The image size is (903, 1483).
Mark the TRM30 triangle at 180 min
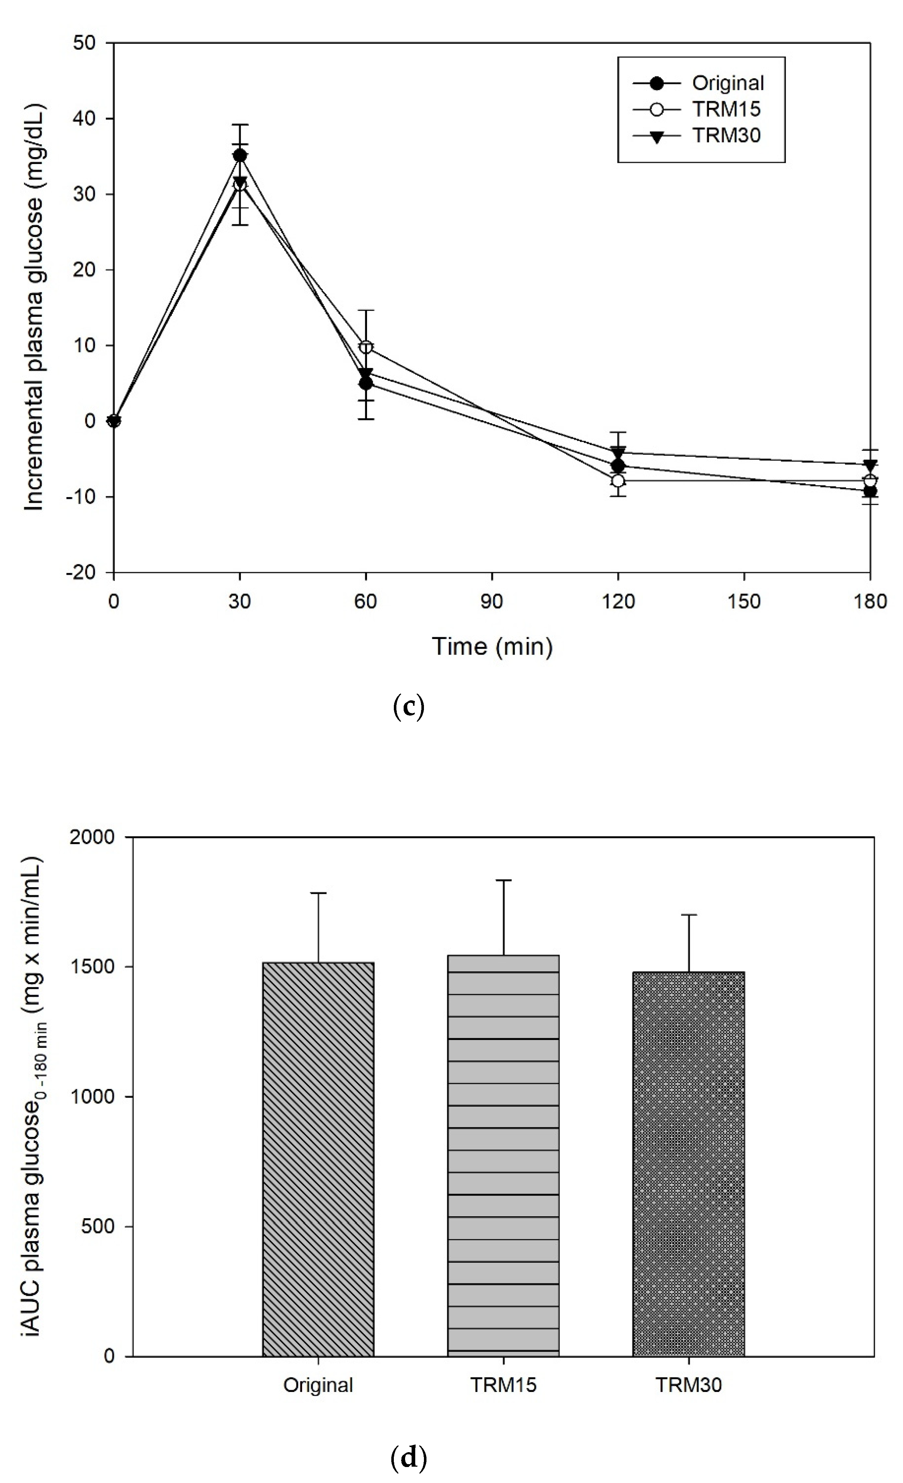tap(870, 465)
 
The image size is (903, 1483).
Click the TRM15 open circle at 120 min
tap(618, 480)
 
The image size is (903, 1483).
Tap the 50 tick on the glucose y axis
tap(88, 43)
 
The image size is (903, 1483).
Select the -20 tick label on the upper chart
tap(82, 572)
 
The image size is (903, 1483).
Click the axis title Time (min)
tap(492, 646)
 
